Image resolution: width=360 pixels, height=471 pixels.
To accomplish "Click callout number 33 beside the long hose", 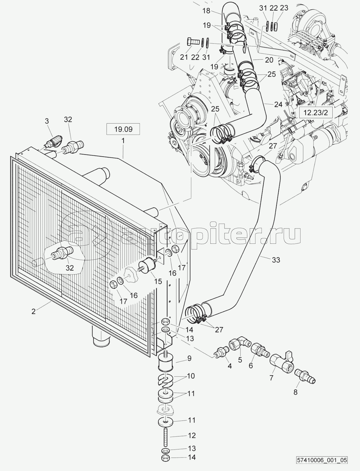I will point(276,259).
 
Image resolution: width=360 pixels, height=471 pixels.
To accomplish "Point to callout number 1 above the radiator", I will point(123,140).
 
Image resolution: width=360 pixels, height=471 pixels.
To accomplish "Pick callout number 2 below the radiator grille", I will point(33,311).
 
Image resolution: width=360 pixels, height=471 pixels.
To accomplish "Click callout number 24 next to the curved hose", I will point(278,105).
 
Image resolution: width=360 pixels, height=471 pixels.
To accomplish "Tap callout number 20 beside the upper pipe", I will point(269,60).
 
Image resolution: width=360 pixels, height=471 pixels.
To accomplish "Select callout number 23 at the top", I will point(284,8).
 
